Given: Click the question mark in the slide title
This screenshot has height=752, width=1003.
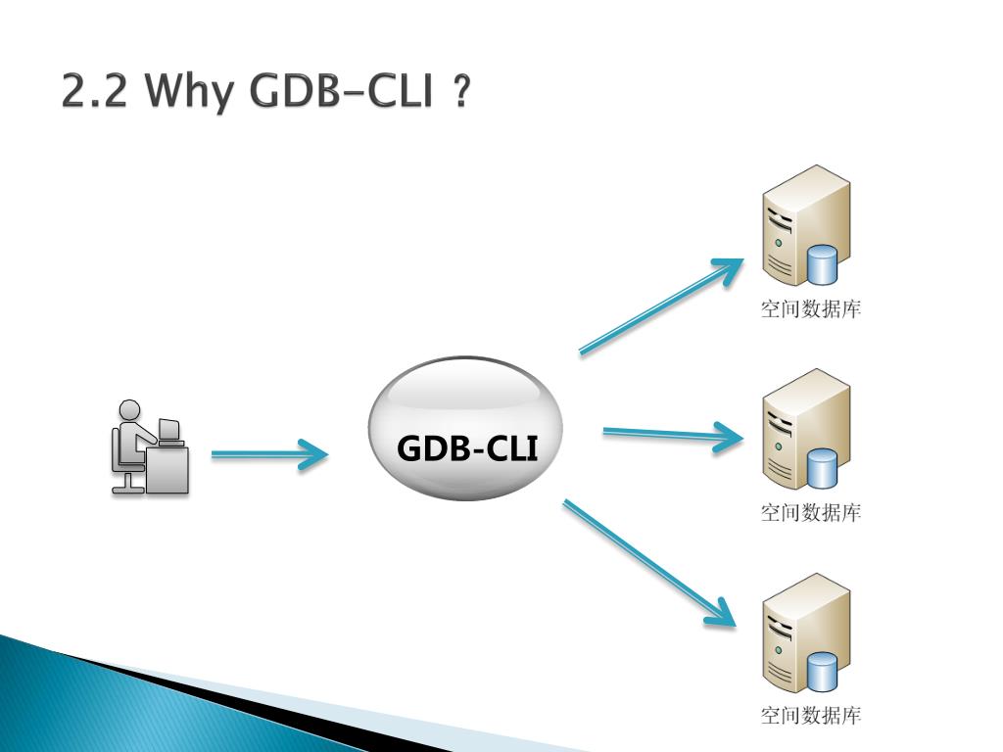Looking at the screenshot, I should point(462,93).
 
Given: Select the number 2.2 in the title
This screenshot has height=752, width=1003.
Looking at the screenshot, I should point(93,93).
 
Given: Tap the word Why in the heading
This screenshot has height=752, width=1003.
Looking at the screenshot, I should point(189,93).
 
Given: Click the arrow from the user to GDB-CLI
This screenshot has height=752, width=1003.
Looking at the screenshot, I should point(268,454).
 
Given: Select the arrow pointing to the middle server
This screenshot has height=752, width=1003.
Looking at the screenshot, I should point(672,434).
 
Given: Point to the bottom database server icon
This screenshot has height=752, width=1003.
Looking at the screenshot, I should point(805,634).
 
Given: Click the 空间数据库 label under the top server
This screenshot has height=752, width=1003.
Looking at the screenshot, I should point(811,309).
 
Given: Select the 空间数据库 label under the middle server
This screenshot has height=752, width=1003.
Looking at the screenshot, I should point(811,512).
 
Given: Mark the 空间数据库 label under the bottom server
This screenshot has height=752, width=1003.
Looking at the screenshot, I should point(811,716).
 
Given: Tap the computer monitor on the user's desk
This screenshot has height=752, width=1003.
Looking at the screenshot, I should point(169,429).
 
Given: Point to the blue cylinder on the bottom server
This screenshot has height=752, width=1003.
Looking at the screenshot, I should point(822,671).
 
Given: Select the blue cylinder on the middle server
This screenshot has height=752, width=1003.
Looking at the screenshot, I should point(822,468).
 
